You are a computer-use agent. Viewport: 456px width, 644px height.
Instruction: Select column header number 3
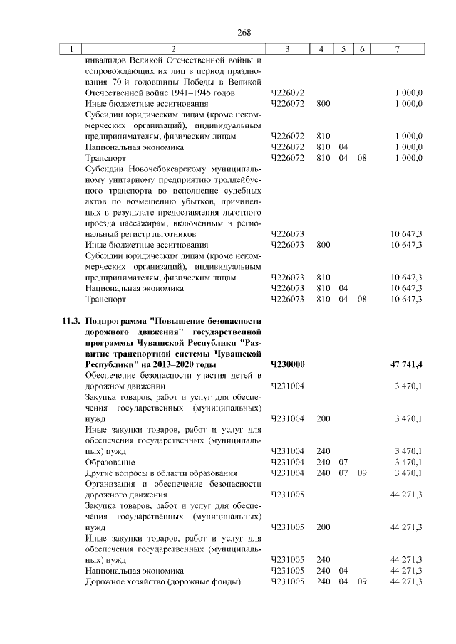click(286, 49)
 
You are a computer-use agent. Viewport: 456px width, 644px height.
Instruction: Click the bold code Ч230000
click(288, 364)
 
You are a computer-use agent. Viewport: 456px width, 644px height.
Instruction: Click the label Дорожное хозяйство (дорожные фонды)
click(162, 581)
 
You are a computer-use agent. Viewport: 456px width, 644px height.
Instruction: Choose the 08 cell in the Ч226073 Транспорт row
click(362, 299)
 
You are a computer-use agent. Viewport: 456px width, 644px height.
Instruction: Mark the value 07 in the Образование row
click(343, 462)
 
